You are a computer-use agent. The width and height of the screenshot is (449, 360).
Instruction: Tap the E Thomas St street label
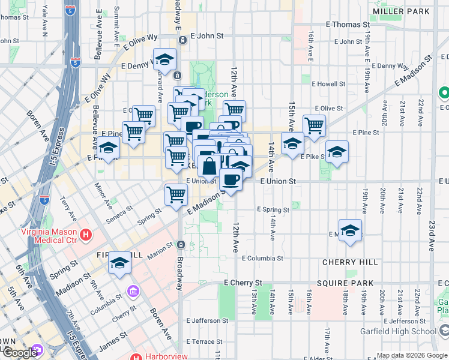coord(347,25)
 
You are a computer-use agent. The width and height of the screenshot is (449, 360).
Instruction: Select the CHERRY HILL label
coord(350,262)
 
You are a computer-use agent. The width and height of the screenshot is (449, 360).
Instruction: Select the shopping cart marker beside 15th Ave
coord(314,125)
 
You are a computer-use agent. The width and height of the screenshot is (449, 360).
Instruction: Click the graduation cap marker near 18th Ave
coord(350,230)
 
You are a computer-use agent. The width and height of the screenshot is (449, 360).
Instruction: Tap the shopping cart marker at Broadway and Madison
coord(176,194)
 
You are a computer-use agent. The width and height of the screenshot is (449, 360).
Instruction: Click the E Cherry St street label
coord(243,283)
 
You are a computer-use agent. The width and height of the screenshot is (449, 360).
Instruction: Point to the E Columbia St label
coord(266,259)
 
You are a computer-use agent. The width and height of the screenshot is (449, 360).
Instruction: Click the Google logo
coord(20,353)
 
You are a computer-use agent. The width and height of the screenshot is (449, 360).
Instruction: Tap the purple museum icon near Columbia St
coord(132,292)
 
